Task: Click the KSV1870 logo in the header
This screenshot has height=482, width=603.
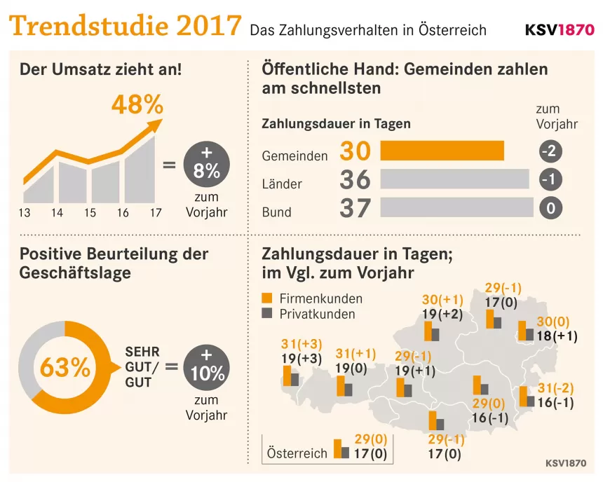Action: pyautogui.click(x=559, y=31)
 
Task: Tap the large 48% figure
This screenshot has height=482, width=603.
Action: pyautogui.click(x=137, y=105)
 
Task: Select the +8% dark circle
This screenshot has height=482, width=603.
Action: pyautogui.click(x=207, y=165)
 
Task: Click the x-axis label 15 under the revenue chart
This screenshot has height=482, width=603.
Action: pyautogui.click(x=90, y=213)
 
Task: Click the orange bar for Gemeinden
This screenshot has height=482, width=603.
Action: pyautogui.click(x=442, y=151)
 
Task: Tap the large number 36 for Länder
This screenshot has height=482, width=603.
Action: pyautogui.click(x=355, y=180)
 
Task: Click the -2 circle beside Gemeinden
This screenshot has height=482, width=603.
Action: pyautogui.click(x=551, y=151)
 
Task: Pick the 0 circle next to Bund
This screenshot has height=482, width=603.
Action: pyautogui.click(x=551, y=208)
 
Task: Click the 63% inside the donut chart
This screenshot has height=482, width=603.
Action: pyautogui.click(x=65, y=367)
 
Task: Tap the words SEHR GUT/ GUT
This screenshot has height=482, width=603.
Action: pyautogui.click(x=142, y=366)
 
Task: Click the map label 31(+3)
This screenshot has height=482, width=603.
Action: pyautogui.click(x=301, y=344)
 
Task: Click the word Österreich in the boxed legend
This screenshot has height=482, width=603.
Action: pyautogui.click(x=297, y=453)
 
